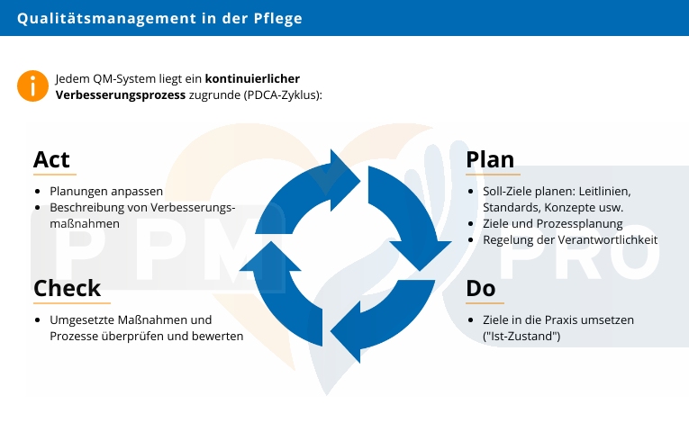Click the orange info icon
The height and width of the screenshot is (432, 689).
(32, 85)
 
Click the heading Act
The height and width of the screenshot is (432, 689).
(51, 159)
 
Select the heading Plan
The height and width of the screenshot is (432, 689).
(490, 159)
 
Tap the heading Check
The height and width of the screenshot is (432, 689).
(67, 289)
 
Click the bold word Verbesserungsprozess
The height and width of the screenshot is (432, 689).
(121, 94)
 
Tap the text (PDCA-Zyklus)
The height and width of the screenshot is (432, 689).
(282, 94)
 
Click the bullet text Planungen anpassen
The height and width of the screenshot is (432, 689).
(106, 191)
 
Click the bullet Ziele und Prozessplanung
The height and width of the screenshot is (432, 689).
(552, 223)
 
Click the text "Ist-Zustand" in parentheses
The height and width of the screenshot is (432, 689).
(522, 337)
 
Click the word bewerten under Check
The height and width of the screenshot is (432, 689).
(217, 336)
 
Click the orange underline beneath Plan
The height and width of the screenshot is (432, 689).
(493, 174)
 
